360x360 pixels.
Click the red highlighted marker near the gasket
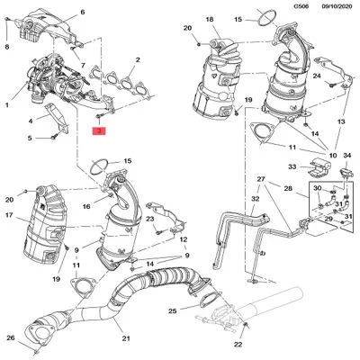click(x=100, y=131)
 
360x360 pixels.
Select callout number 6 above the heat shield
click(x=83, y=13)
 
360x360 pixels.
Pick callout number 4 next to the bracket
click(x=31, y=120)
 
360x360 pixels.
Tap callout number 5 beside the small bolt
click(x=29, y=138)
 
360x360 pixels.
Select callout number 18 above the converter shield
click(x=209, y=20)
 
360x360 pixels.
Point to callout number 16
click(x=86, y=207)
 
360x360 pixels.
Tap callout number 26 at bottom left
click(x=10, y=337)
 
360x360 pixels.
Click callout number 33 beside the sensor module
click(x=291, y=166)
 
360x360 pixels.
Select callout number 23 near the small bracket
click(x=151, y=219)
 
